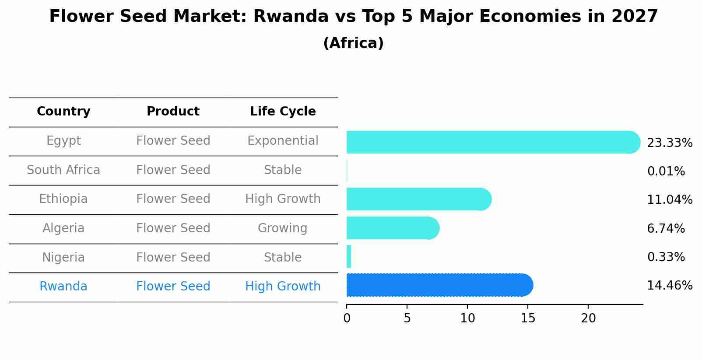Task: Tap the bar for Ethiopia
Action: tap(418, 199)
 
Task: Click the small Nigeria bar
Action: tap(349, 257)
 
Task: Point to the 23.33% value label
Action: tap(669, 143)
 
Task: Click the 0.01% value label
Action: tap(666, 171)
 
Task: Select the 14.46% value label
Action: tap(669, 286)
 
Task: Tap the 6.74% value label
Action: tap(666, 228)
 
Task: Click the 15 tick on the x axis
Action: tap(528, 318)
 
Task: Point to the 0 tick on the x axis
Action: tap(347, 318)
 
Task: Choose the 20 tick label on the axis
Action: tap(588, 318)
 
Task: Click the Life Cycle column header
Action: tap(283, 112)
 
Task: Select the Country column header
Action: tap(63, 112)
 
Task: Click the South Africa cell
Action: tap(63, 170)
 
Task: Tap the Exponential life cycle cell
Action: tap(283, 141)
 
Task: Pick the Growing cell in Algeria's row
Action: tap(283, 228)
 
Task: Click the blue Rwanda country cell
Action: tap(63, 287)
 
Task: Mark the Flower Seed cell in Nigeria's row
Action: tap(173, 257)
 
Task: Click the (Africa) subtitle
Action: tap(353, 43)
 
